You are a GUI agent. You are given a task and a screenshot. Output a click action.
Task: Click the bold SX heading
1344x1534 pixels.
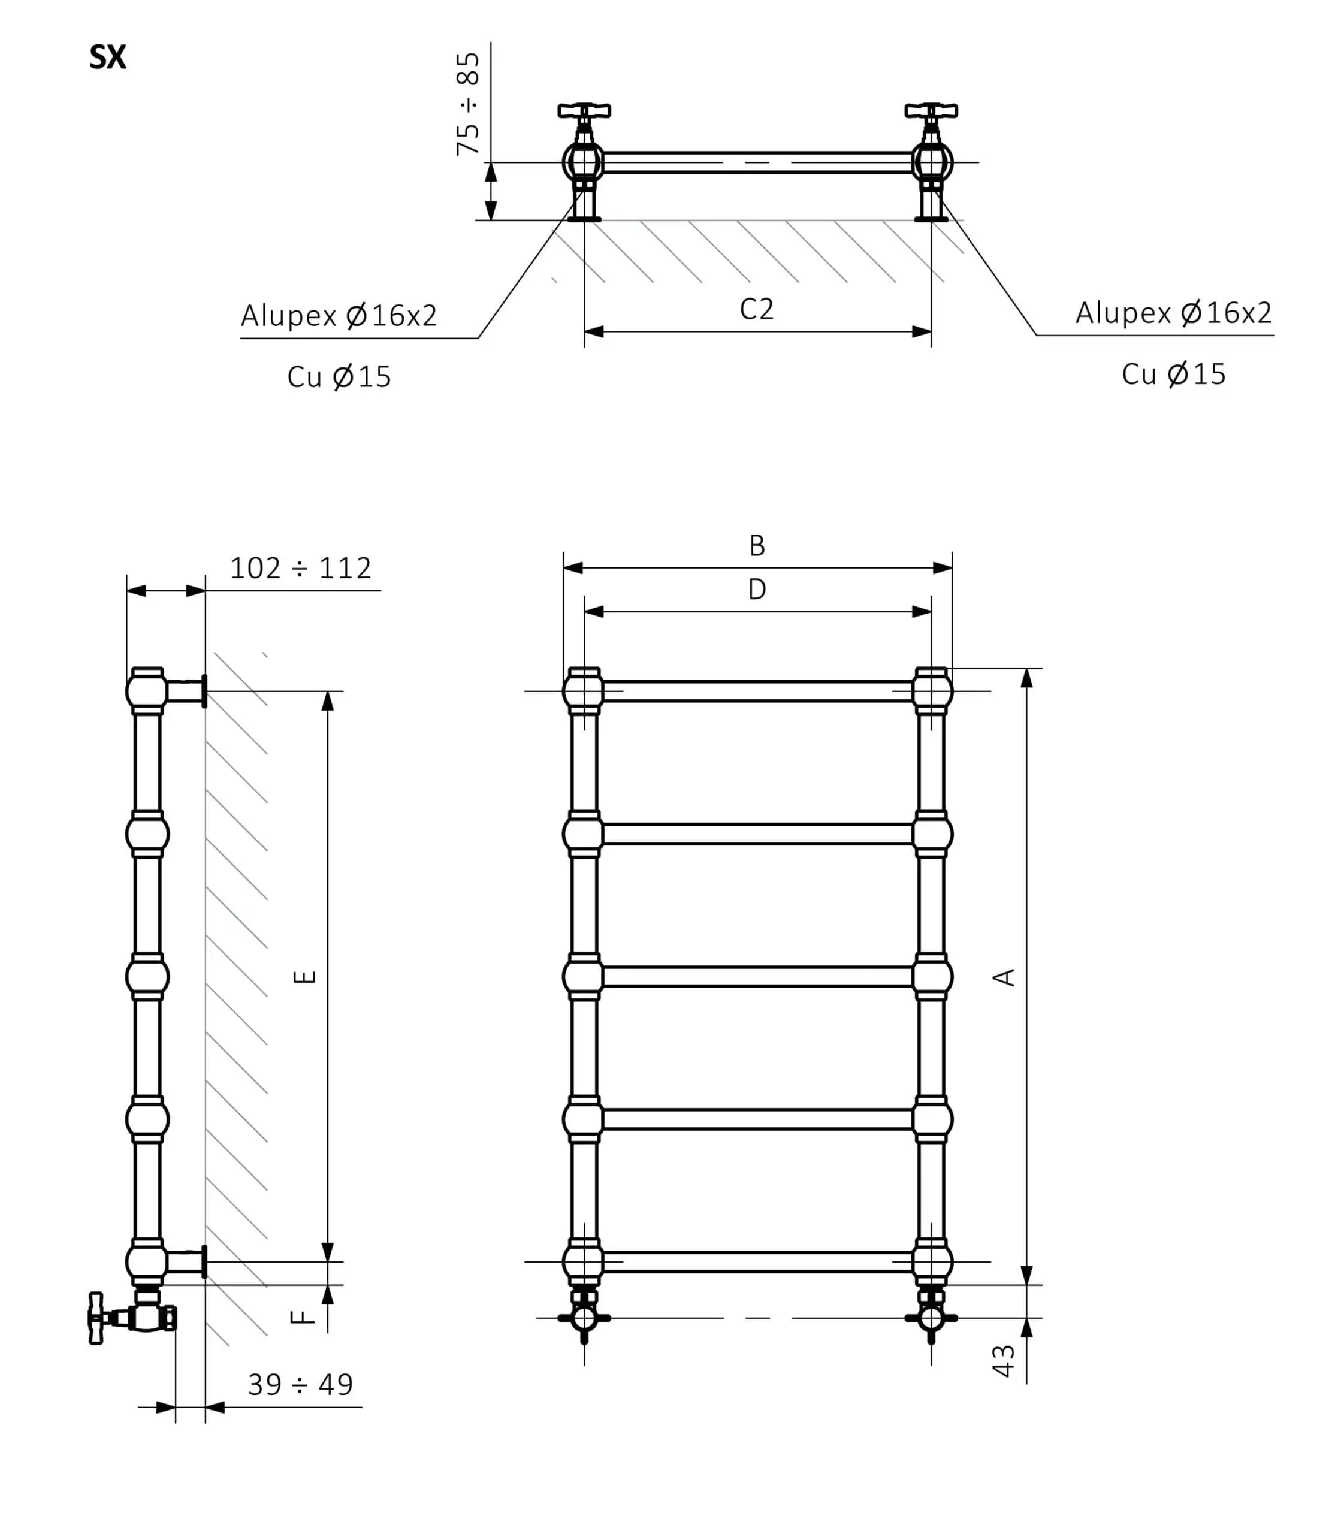coord(107,57)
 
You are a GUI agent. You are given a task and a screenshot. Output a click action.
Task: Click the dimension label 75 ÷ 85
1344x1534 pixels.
coord(468,104)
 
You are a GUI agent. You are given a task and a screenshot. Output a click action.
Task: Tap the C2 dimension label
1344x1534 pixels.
coord(756,309)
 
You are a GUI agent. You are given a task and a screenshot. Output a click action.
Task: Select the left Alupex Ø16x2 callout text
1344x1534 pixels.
coord(339,315)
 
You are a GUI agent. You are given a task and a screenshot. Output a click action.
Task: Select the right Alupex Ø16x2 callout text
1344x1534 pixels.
coord(1174,312)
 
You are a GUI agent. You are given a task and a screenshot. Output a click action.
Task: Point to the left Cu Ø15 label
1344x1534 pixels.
coord(339,376)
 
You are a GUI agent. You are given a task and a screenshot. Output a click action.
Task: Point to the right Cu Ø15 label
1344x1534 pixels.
coord(1174,373)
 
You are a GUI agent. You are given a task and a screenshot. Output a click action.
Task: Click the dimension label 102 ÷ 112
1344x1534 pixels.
coord(300,568)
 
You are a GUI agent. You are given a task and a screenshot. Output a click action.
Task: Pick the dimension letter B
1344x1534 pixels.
coord(757,545)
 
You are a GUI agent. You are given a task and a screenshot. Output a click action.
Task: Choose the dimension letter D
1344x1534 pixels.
coord(757,589)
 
